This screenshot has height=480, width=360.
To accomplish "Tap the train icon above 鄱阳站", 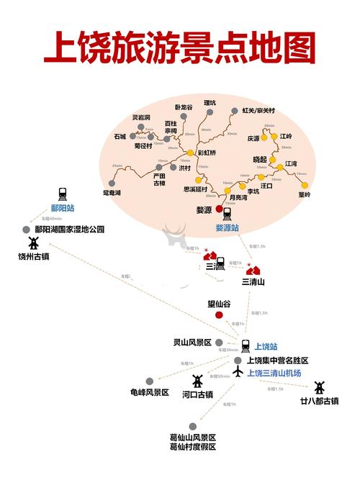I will pyautogui.click(x=62, y=194).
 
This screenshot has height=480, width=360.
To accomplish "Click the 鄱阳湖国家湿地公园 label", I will pyautogui.click(x=70, y=230).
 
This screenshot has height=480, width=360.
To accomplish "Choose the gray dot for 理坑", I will pyautogui.click(x=210, y=112).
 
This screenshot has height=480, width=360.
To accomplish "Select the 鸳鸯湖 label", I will pyautogui.click(x=112, y=193).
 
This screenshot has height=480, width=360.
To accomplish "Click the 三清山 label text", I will pyautogui.click(x=253, y=281).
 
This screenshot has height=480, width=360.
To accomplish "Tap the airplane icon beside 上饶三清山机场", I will pyautogui.click(x=238, y=372).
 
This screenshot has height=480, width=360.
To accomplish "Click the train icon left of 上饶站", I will pyautogui.click(x=246, y=345).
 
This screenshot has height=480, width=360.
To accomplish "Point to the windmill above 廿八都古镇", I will pyautogui.click(x=320, y=387).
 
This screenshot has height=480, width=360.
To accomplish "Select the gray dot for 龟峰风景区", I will pyautogui.click(x=149, y=381).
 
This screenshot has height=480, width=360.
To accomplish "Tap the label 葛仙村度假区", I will pyautogui.click(x=193, y=447).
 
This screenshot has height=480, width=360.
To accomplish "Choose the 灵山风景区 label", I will pyautogui.click(x=192, y=342).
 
